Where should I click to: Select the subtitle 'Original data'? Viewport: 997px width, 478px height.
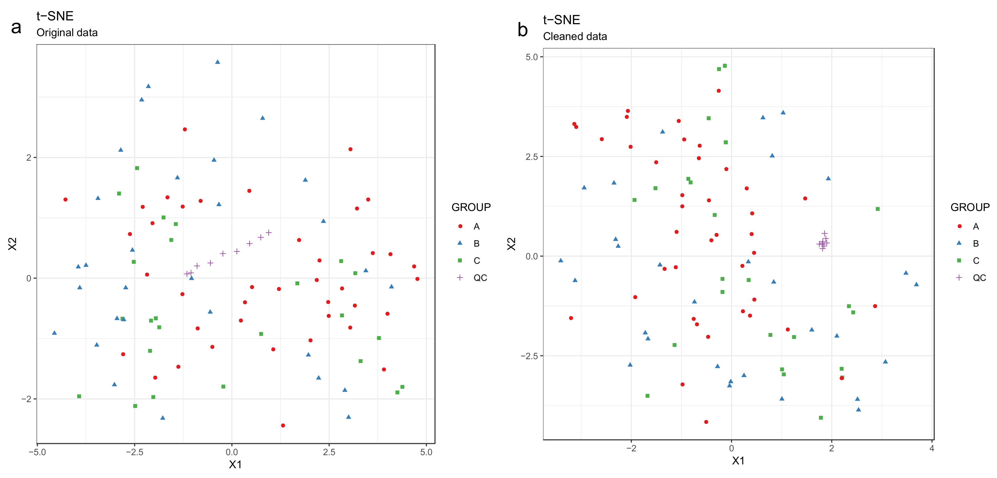tap(67, 33)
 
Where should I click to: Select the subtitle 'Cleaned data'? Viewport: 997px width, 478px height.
tap(575, 36)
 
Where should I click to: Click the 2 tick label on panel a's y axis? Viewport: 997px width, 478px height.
tap(29, 157)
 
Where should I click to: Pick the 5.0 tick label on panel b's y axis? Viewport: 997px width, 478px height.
tap(532, 57)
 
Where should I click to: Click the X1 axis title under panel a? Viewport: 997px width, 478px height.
tap(235, 464)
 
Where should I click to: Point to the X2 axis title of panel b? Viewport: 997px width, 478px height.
tap(511, 244)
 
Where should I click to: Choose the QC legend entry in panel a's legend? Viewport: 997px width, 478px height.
tap(480, 278)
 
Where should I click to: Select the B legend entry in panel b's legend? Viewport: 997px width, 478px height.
tap(976, 243)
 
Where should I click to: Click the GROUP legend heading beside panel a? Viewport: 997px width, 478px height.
tap(471, 207)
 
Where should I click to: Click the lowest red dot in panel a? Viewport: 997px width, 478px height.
tap(283, 425)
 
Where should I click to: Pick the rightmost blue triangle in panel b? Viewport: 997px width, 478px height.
tap(916, 284)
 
